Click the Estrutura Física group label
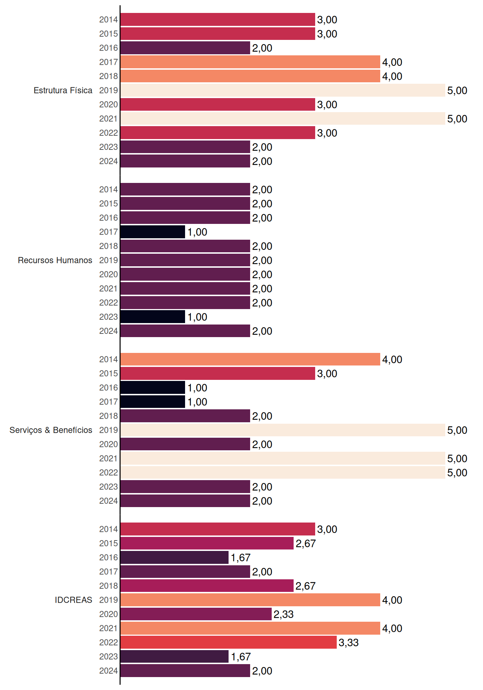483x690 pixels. pyautogui.click(x=63, y=91)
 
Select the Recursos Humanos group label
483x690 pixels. pyautogui.click(x=55, y=260)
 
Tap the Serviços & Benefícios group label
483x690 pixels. pyautogui.click(x=51, y=430)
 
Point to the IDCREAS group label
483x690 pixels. pyautogui.click(x=73, y=600)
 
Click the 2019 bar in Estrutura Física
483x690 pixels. pyautogui.click(x=283, y=91)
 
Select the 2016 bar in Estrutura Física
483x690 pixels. pyautogui.click(x=185, y=48)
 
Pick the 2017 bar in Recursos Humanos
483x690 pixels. pyautogui.click(x=153, y=232)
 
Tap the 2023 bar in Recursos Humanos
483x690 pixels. pyautogui.click(x=153, y=317)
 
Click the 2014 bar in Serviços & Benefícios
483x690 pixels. pyautogui.click(x=250, y=359)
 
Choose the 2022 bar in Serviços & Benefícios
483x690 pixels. pyautogui.click(x=283, y=473)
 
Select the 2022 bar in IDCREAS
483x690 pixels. pyautogui.click(x=229, y=642)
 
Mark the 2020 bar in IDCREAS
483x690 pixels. pyautogui.click(x=196, y=614)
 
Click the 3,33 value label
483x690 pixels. pyautogui.click(x=349, y=643)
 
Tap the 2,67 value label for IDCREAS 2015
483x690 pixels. pyautogui.click(x=305, y=544)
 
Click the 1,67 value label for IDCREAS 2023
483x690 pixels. pyautogui.click(x=241, y=657)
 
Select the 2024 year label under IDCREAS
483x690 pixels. pyautogui.click(x=109, y=671)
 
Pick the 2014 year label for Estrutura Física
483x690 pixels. pyautogui.click(x=109, y=20)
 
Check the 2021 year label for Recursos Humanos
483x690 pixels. pyautogui.click(x=109, y=289)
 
